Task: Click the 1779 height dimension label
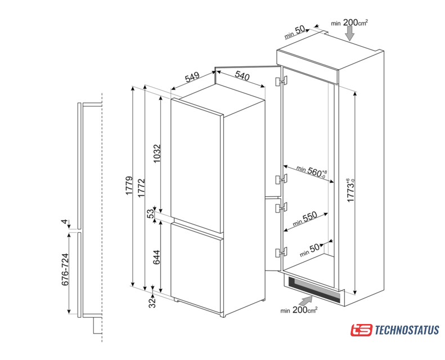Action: coord(129,186)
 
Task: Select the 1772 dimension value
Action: coord(141,188)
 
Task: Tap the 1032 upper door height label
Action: coord(157,154)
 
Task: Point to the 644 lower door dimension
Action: coord(156,257)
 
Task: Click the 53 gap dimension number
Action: coord(151,213)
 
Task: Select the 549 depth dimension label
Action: coord(192,77)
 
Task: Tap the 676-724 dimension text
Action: coord(65,269)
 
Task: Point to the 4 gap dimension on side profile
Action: coord(65,222)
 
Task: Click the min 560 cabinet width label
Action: coord(312,171)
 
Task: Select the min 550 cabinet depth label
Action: coord(305,219)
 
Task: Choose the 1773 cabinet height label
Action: coord(351,190)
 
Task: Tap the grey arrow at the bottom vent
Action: coord(306,300)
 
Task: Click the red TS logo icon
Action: coord(361,330)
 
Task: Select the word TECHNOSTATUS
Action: coord(407,330)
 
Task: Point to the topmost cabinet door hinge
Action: coord(281,80)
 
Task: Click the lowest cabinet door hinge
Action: coord(281,252)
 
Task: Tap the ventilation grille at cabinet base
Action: coord(314,289)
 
